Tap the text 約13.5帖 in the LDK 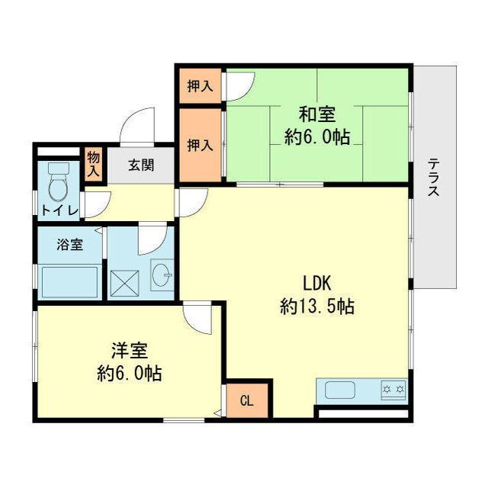(316, 307)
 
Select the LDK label (316, 283)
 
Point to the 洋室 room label (129, 351)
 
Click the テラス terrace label (433, 177)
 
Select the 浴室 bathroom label (69, 246)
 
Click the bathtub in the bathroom (69, 283)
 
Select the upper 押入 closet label (200, 86)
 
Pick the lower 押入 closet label (200, 144)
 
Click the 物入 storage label (93, 164)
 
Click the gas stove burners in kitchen (393, 390)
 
